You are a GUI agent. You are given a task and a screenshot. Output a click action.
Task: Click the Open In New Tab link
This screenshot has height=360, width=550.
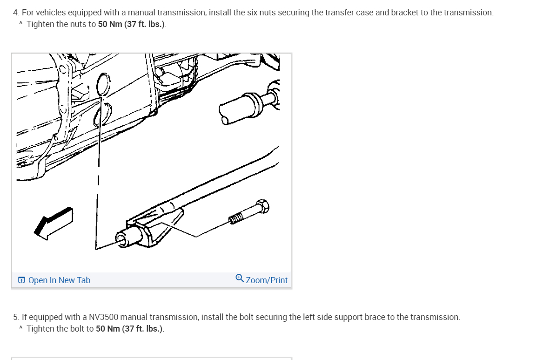click(59, 280)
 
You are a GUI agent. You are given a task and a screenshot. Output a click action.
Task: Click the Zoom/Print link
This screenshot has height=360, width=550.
click(267, 280)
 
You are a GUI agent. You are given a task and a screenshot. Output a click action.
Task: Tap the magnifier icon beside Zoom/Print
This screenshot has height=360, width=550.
click(240, 278)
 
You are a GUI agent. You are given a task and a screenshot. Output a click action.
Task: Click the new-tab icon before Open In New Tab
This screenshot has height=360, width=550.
click(21, 280)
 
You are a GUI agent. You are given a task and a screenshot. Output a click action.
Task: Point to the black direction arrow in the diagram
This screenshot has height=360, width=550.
click(54, 223)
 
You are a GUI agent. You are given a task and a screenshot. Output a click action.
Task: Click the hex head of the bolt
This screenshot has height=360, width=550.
click(262, 206)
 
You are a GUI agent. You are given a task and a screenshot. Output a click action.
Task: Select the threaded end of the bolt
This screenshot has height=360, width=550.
click(236, 218)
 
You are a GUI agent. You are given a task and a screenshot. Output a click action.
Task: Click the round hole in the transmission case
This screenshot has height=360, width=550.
click(103, 84)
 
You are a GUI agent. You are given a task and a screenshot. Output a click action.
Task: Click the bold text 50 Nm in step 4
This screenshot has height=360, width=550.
click(110, 24)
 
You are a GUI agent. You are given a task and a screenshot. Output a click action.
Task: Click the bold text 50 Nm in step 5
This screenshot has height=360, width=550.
click(108, 329)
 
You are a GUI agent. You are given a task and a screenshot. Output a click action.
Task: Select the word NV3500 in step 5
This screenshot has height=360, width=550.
click(103, 317)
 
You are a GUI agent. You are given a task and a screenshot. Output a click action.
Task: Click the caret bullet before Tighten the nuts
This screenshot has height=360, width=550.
click(21, 23)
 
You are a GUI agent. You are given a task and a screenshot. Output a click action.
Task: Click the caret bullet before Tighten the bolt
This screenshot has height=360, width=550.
click(21, 328)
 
